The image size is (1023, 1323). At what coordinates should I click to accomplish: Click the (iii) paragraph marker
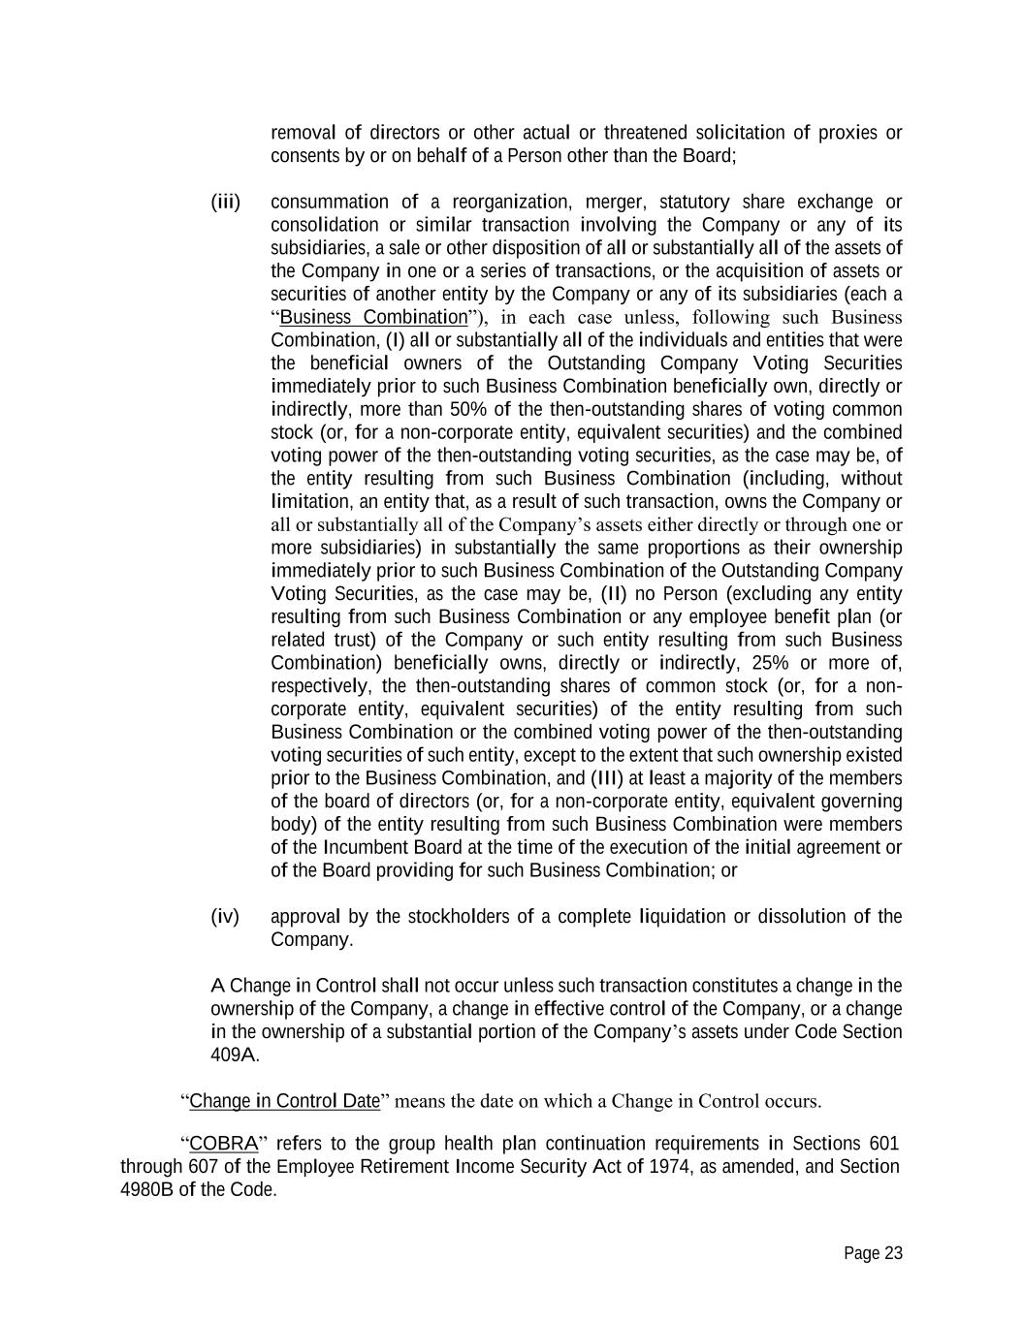tap(225, 202)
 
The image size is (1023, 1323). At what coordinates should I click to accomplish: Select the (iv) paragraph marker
tap(225, 916)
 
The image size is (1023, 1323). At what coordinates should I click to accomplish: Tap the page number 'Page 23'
tap(873, 1253)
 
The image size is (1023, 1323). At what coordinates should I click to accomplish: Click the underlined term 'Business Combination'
tap(373, 317)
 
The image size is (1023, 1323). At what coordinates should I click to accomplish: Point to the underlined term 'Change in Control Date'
tap(284, 1101)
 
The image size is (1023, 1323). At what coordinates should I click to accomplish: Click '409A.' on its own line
tap(235, 1055)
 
